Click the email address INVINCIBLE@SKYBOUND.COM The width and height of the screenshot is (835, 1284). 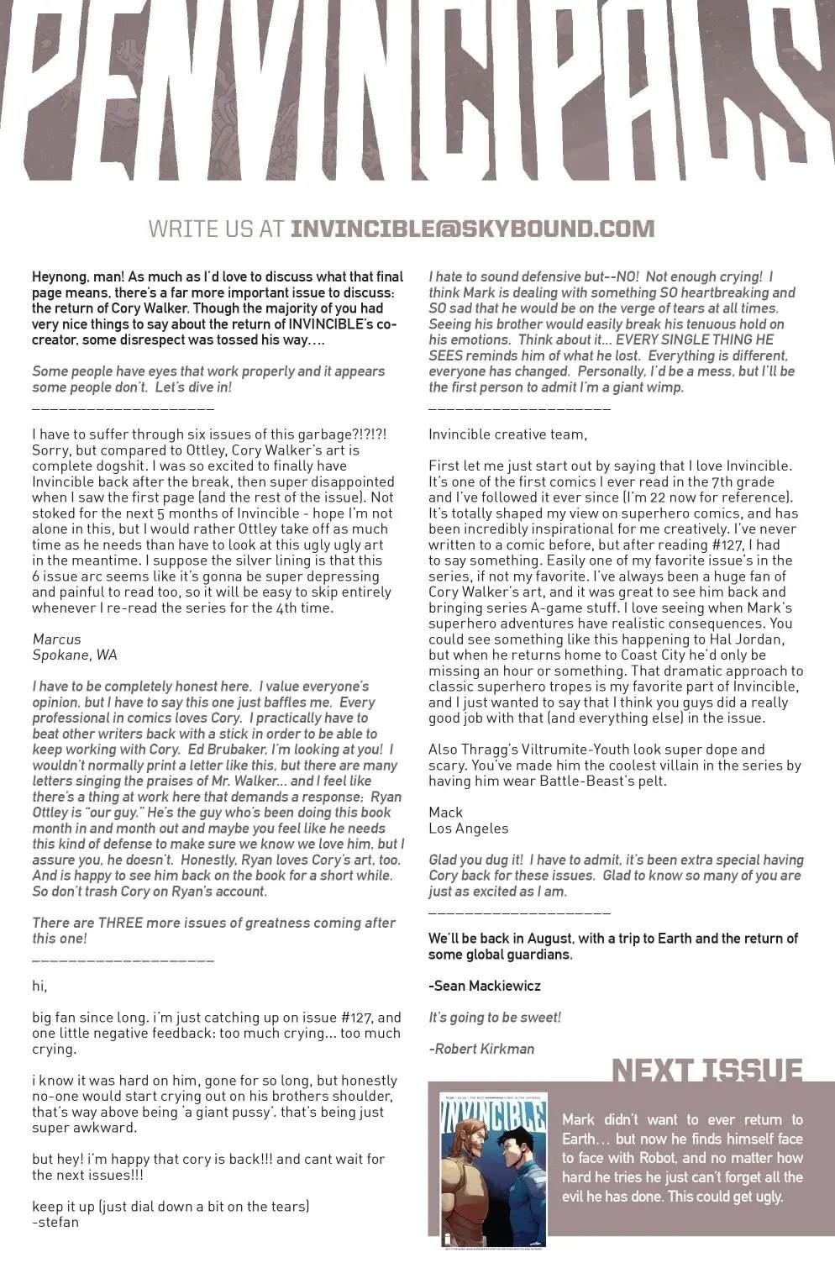471,229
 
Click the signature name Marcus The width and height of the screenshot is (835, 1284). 56,639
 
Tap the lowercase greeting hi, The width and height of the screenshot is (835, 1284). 39,986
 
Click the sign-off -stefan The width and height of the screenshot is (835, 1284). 55,1222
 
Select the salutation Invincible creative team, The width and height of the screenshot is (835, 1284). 507,434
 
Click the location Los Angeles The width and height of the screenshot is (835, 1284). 468,828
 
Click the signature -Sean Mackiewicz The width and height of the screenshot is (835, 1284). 484,986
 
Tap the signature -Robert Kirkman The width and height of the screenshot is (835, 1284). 481,1049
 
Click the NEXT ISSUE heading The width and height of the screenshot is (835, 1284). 706,1071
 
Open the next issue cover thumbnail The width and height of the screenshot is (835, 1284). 493,1169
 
